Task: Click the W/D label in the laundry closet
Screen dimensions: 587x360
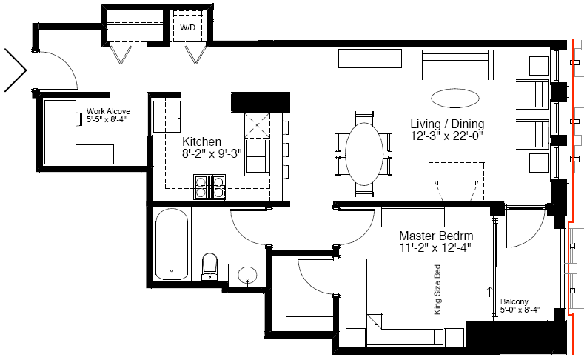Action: pos(187,27)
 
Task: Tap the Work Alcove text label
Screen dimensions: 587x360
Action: pos(108,111)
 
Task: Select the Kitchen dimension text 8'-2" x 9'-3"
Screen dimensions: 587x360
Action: pos(212,153)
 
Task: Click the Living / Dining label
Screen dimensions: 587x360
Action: pos(447,124)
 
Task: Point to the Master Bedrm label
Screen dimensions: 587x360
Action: pos(436,236)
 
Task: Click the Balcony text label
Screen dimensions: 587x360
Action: pos(514,301)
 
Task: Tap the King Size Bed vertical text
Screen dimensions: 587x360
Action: pos(437,290)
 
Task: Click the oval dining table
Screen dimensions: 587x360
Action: pos(364,154)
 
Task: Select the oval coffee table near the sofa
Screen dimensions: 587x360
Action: pos(454,99)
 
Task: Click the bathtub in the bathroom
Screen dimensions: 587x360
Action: pos(172,244)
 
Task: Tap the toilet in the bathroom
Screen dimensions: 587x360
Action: pos(209,267)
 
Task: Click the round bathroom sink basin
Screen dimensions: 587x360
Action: pos(247,276)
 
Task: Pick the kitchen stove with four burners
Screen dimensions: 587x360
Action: pos(209,187)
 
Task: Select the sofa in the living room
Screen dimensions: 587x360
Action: pos(454,64)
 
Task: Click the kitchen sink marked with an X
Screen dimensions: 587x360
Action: pos(257,125)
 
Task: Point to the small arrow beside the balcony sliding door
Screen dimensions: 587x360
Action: pos(489,292)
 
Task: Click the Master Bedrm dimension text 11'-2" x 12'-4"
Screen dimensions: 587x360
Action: pos(435,247)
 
